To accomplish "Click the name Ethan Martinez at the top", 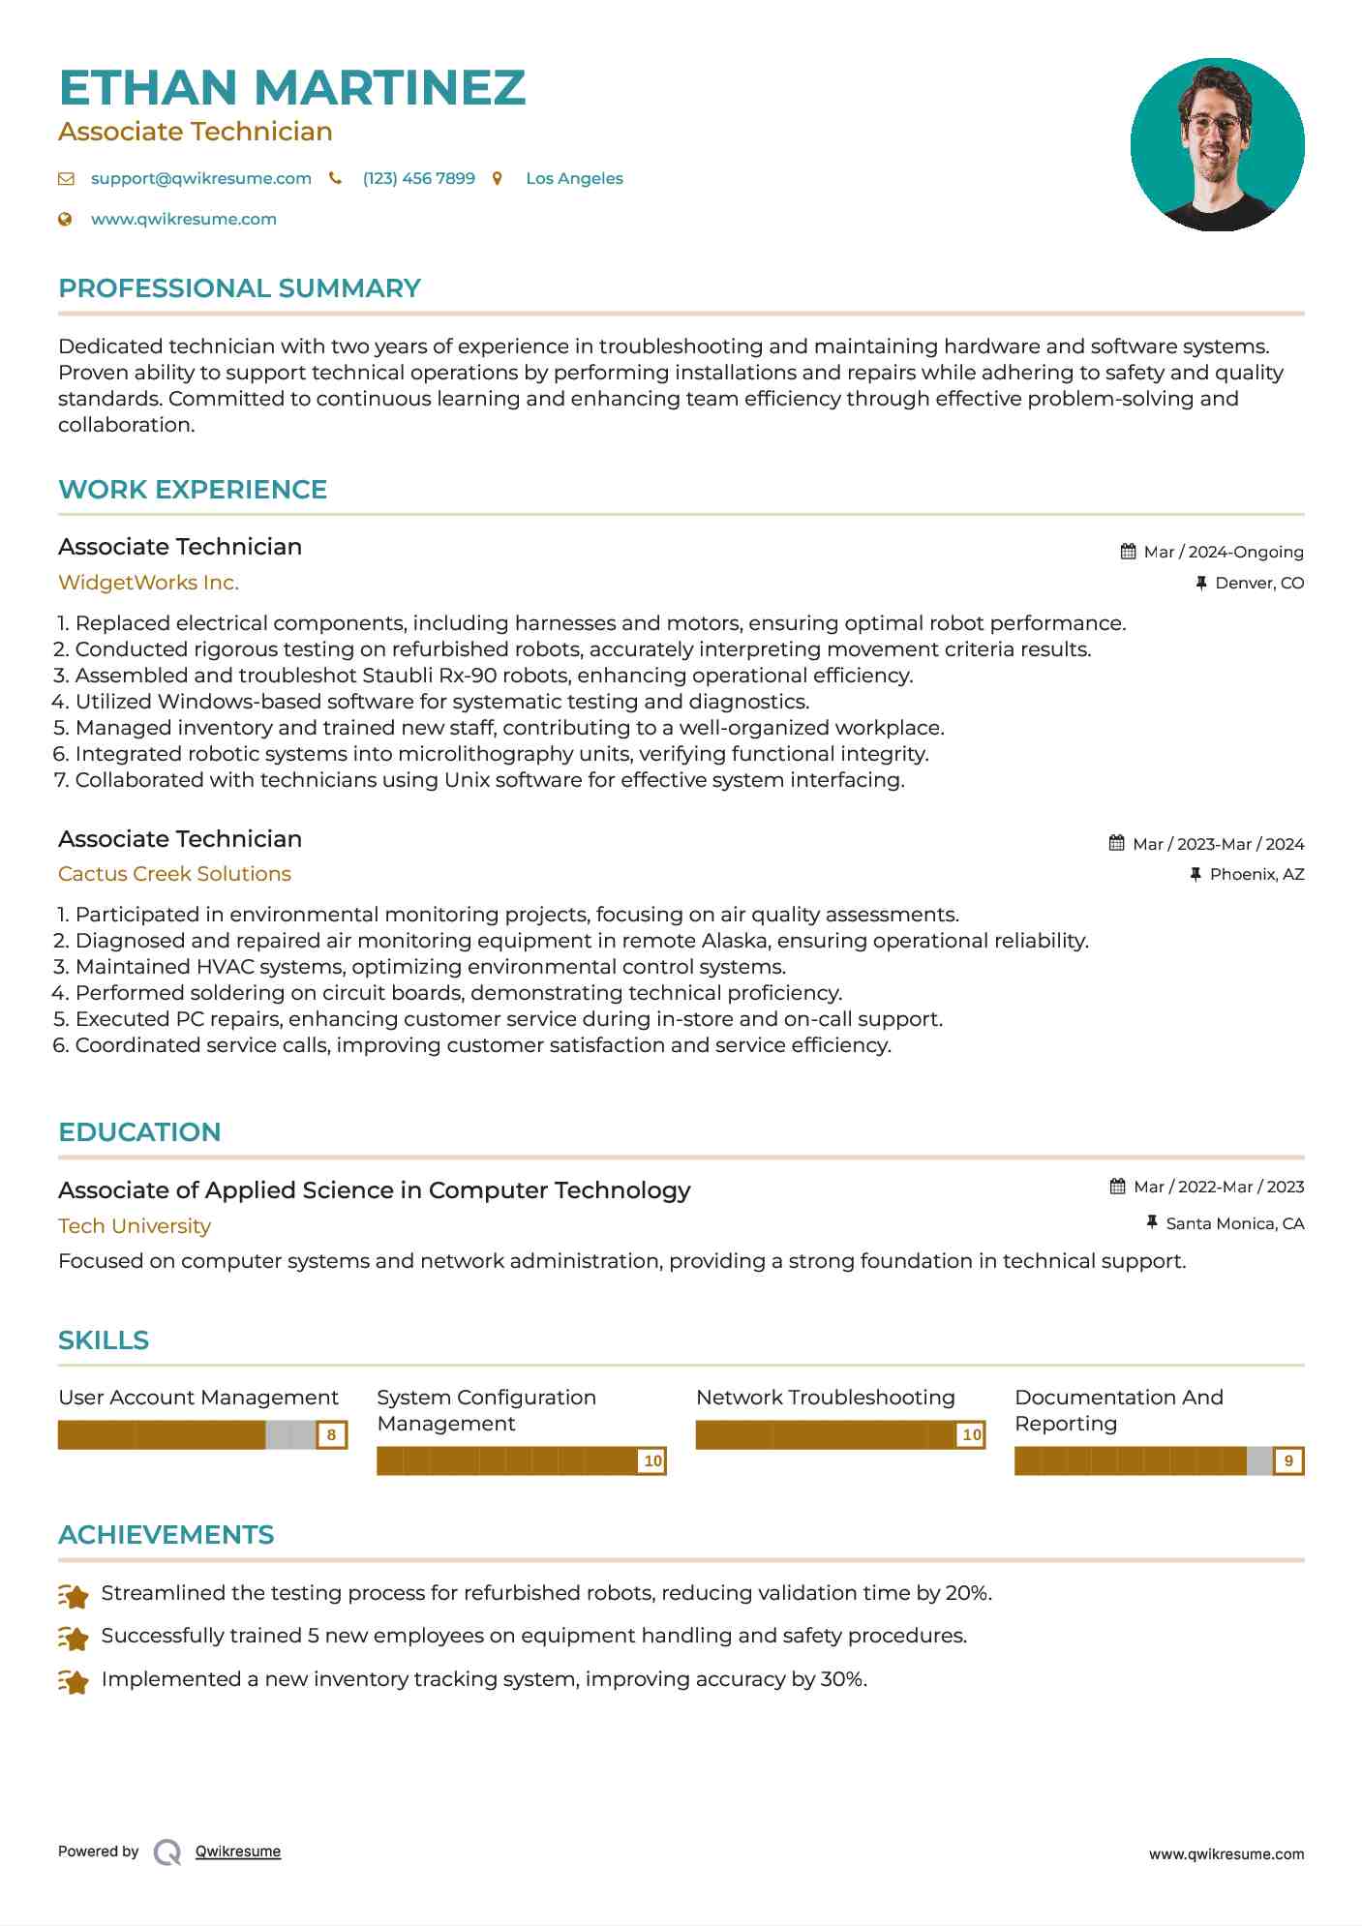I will pos(291,87).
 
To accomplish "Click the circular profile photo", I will pos(1217,144).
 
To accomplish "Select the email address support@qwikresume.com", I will pos(200,178).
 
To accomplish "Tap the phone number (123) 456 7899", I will pos(418,178).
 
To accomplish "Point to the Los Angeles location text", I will pos(574,178).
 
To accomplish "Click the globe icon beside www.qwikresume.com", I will pos(65,219).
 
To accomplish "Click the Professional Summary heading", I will pos(239,288).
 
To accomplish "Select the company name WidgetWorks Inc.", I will pos(148,583).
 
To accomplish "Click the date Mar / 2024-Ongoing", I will pos(1224,552).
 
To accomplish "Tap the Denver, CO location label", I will pos(1259,583).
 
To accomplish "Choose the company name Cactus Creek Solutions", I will pos(174,874).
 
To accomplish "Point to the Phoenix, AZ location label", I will pos(1256,874).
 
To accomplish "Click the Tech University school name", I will pos(135,1226).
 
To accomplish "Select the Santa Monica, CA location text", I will pos(1234,1223).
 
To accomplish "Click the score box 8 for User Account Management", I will pos(331,1435).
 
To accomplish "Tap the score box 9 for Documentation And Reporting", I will pos(1288,1461).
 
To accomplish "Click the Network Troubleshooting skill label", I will pos(825,1398).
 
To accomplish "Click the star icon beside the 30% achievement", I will pos(73,1680).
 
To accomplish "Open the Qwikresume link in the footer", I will pos(237,1851).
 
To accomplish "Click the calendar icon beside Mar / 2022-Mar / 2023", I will pos(1117,1187).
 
